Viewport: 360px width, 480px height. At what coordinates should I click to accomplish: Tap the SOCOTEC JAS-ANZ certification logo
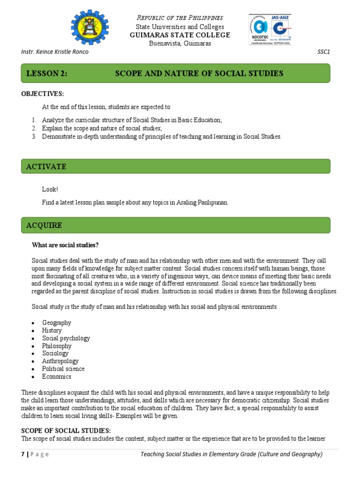270,30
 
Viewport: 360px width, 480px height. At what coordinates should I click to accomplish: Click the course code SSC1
323,52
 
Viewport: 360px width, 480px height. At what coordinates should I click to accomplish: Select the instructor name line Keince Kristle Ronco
55,52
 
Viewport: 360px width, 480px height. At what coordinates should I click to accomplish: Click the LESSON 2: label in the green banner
47,73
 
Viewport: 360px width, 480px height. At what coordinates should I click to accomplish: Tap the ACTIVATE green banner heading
46,166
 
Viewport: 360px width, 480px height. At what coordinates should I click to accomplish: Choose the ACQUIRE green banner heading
45,225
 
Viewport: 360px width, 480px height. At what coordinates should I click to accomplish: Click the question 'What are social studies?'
65,245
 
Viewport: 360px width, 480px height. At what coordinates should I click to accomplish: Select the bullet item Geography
57,322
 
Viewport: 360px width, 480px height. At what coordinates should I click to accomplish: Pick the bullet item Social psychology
66,338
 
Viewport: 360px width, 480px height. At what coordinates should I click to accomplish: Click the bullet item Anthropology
60,361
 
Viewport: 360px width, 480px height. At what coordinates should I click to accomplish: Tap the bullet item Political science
63,368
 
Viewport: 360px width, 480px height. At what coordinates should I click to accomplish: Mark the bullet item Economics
57,376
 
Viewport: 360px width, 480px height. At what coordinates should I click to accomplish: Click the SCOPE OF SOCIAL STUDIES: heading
66,430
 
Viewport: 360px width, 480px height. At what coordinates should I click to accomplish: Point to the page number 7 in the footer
23,454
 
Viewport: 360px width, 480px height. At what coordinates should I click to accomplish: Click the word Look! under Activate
50,189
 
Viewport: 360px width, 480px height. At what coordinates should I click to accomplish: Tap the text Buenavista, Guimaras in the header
180,44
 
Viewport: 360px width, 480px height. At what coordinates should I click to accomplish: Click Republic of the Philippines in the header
180,18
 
